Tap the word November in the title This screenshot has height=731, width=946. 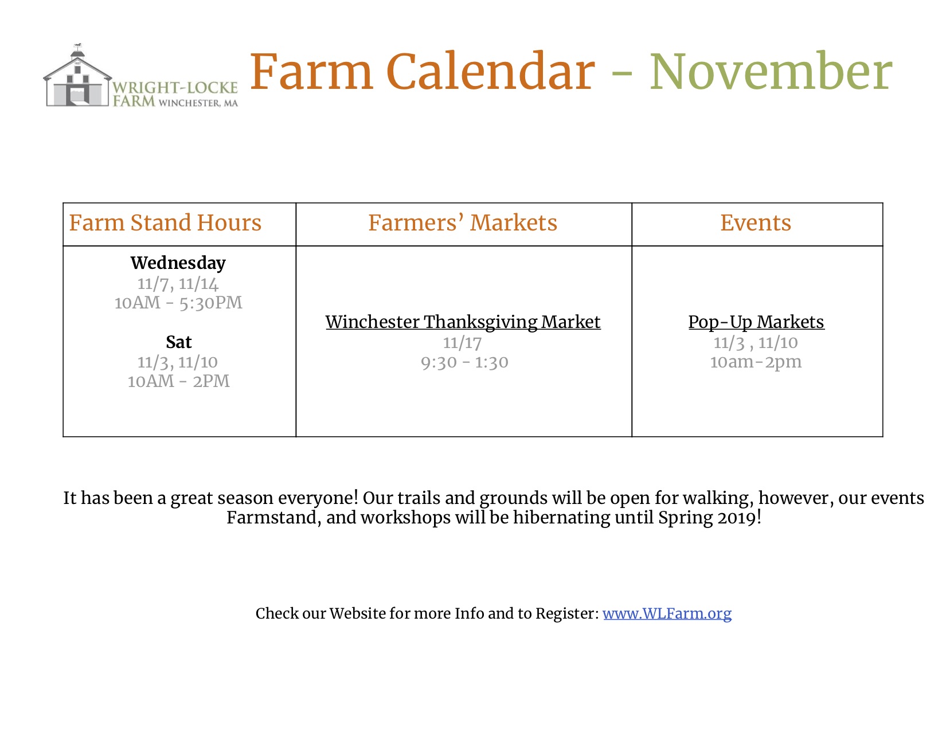click(x=771, y=72)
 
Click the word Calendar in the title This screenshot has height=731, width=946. click(x=490, y=72)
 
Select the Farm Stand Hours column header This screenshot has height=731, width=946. click(x=165, y=222)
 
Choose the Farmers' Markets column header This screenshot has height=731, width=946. click(x=463, y=222)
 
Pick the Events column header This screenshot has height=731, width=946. click(x=756, y=222)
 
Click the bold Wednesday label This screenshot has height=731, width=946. click(x=178, y=263)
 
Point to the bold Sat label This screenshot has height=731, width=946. click(x=178, y=342)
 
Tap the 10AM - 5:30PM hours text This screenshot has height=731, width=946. click(x=178, y=303)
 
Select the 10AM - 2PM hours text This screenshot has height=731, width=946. click(x=178, y=381)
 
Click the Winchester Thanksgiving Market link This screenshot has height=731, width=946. click(x=463, y=323)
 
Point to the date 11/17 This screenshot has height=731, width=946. click(x=462, y=343)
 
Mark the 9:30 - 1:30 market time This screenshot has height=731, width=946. click(x=464, y=362)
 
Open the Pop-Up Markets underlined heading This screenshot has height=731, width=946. click(x=756, y=323)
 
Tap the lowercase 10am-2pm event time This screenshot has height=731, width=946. click(x=756, y=362)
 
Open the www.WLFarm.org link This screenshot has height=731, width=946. click(x=667, y=613)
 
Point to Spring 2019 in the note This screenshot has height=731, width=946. click(x=707, y=518)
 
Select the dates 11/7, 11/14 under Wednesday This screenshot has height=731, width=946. click(x=178, y=284)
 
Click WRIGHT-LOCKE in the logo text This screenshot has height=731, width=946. click(x=175, y=88)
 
